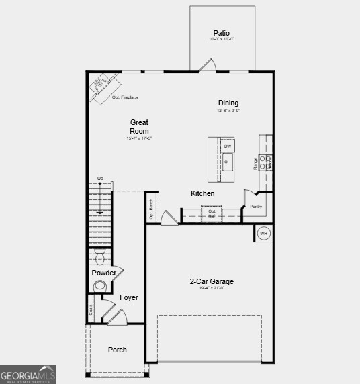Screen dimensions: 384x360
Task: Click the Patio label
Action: coord(222,33)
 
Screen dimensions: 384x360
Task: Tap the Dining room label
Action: coord(228,103)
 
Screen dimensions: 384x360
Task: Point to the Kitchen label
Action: coord(203,193)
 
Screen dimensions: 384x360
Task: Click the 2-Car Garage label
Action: coord(211,282)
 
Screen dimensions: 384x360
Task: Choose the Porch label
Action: coord(118,350)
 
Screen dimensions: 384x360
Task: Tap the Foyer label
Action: coord(129,297)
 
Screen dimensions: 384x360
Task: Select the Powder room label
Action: coord(104,273)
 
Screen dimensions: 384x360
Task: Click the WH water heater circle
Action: coord(263,234)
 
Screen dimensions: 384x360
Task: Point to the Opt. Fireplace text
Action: coord(125,98)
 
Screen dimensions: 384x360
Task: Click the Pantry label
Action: coord(256,207)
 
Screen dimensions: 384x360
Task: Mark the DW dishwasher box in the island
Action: coord(228,146)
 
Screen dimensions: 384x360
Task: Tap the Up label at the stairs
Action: coord(100,178)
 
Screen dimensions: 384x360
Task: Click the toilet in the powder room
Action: coord(100,258)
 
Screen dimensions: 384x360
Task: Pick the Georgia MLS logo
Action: coord(28,375)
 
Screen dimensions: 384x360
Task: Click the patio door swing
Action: coord(208,65)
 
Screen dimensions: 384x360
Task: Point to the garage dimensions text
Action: coord(211,289)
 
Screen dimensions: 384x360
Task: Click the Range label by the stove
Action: coord(255,163)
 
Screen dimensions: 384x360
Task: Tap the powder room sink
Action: coord(100,285)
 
